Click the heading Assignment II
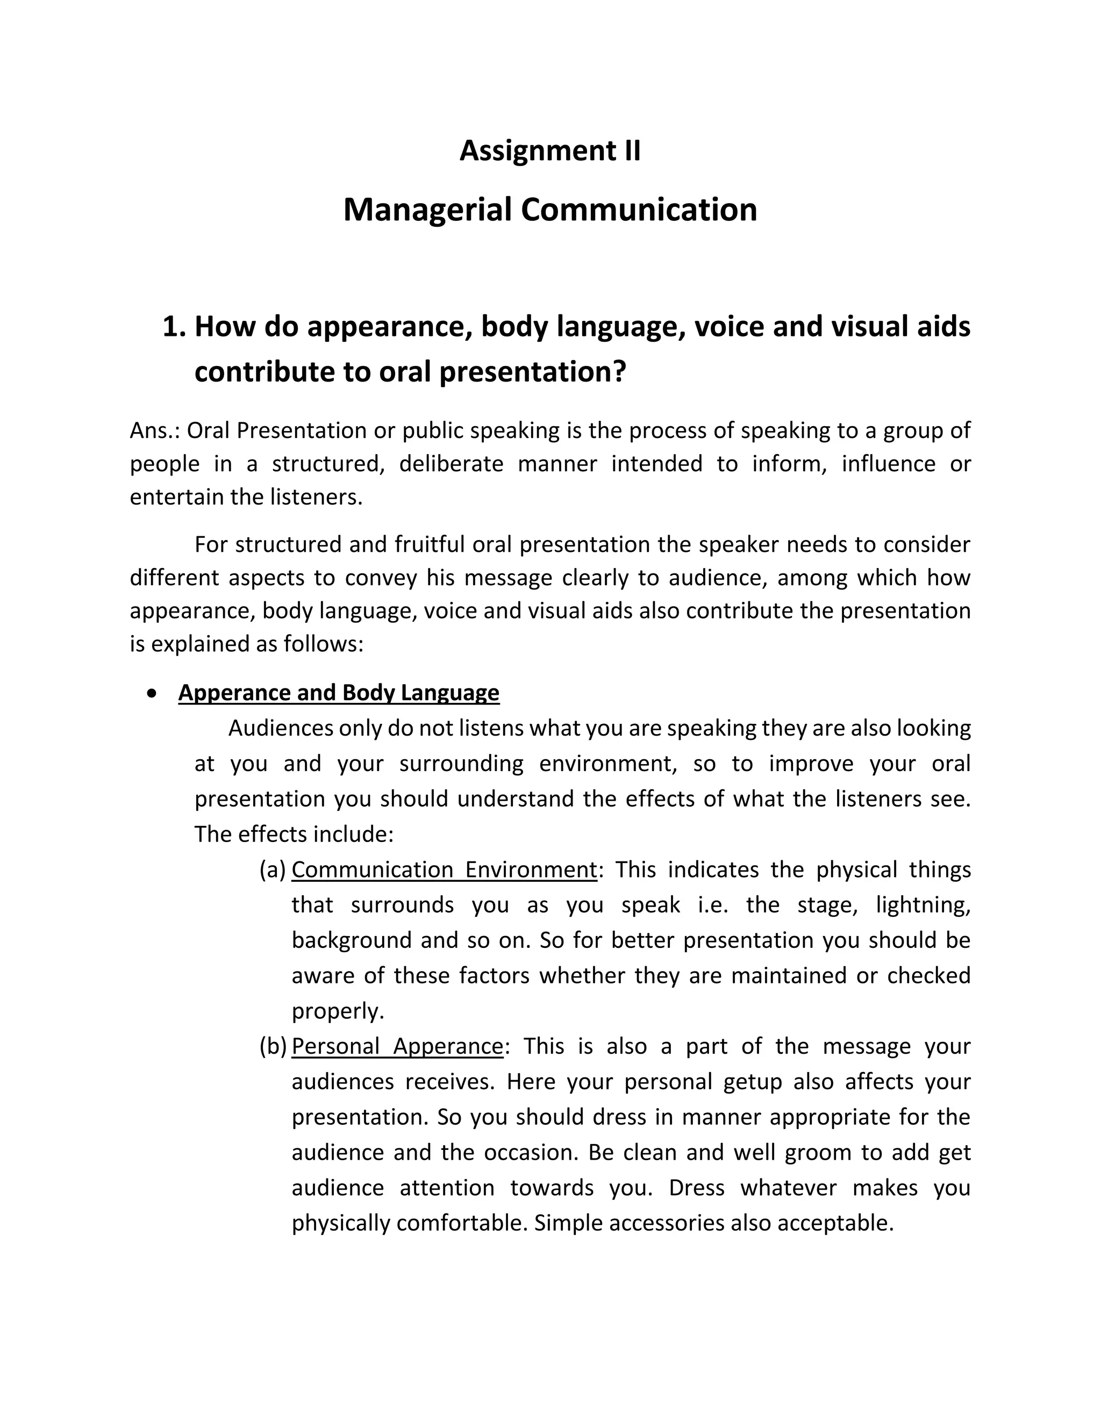(550, 150)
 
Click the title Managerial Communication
(550, 210)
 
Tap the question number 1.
(174, 327)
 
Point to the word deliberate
(452, 464)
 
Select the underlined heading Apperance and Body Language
(339, 693)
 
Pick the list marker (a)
(273, 870)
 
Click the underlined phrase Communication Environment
(444, 870)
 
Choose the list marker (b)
(273, 1046)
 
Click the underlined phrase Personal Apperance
(397, 1046)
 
